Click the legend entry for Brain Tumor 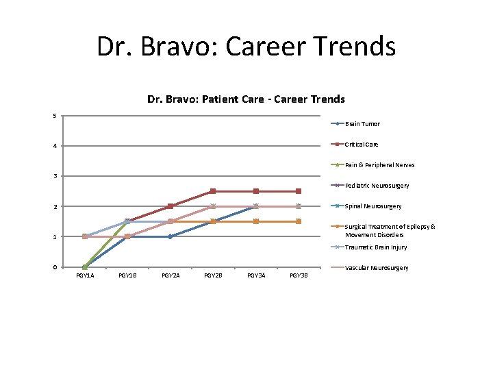tap(362, 124)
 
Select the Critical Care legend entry tap(362, 145)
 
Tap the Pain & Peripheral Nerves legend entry tap(379, 165)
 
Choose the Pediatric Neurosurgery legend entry tap(377, 186)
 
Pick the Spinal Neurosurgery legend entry tap(373, 206)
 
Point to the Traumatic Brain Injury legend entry tap(376, 247)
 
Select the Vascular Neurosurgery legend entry tap(377, 268)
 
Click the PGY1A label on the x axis tap(85, 275)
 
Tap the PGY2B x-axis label tap(213, 275)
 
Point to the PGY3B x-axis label tap(299, 275)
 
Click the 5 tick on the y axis tap(55, 115)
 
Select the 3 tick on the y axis tap(55, 176)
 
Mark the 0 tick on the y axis tap(55, 267)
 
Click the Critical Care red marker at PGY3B tap(299, 191)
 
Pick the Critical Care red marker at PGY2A tap(170, 206)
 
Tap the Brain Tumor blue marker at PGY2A tap(170, 236)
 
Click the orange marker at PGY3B tap(299, 221)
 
